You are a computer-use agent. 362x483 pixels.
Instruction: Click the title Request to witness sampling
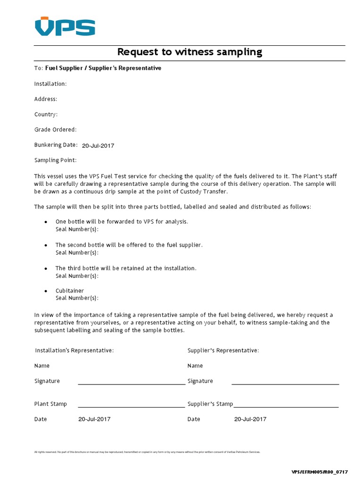click(x=189, y=52)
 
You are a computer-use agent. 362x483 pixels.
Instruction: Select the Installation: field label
click(x=50, y=83)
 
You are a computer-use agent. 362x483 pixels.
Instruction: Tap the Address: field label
click(x=46, y=99)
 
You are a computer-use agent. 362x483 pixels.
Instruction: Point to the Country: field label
click(x=46, y=114)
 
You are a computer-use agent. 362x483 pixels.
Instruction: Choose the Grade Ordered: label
click(x=55, y=129)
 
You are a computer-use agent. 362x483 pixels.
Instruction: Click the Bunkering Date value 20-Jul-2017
click(x=98, y=145)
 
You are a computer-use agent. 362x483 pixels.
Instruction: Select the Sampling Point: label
click(x=55, y=160)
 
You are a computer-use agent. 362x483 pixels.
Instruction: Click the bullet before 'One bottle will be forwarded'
click(x=46, y=222)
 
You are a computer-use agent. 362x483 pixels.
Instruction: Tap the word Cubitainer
click(x=70, y=291)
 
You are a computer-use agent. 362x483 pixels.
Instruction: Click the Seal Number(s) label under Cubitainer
click(x=77, y=298)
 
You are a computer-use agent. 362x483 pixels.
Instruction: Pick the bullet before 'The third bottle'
click(x=46, y=268)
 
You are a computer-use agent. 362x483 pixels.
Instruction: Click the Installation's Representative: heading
click(x=74, y=350)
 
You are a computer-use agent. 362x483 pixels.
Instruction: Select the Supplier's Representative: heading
click(x=223, y=350)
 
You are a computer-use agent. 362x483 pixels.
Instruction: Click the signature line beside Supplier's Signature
click(x=285, y=384)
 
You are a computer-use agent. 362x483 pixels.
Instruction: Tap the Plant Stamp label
click(x=50, y=404)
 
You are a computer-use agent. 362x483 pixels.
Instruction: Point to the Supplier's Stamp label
click(x=210, y=404)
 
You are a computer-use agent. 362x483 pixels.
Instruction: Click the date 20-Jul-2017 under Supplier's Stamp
click(x=250, y=419)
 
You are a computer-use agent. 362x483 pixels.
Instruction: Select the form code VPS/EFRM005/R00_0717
click(x=320, y=472)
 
